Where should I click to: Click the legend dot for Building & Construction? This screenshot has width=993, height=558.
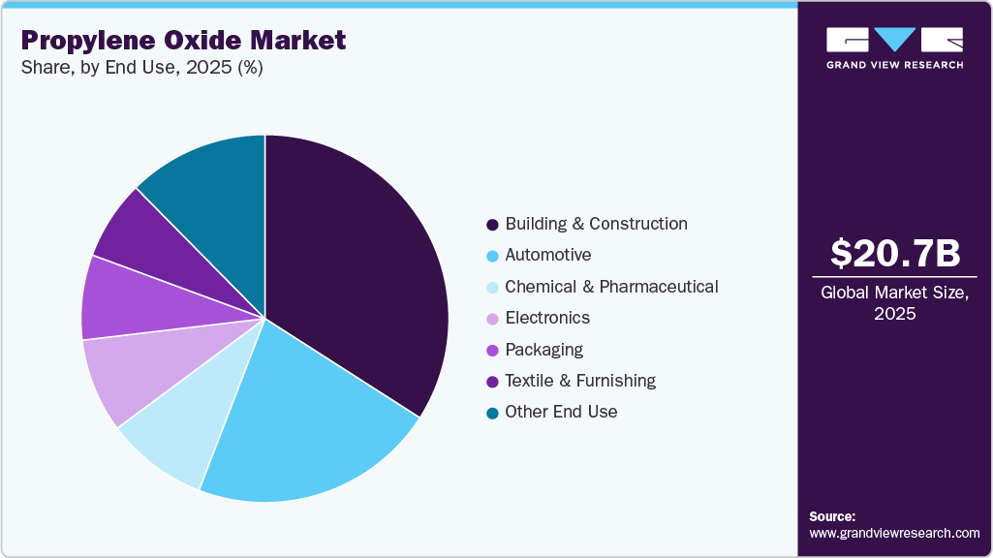[x=492, y=225]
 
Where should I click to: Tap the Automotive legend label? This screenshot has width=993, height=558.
[x=547, y=255]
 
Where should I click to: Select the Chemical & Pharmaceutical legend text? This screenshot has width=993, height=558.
[x=611, y=287]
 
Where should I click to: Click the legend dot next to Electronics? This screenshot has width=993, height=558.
[x=492, y=319]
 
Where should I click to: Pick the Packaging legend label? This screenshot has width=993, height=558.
[x=543, y=350]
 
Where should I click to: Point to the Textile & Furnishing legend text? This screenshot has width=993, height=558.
[x=580, y=381]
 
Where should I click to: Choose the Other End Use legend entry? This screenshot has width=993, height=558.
[x=561, y=412]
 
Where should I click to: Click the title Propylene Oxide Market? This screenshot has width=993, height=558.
[x=183, y=41]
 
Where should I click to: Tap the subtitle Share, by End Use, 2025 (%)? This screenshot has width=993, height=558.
[x=140, y=68]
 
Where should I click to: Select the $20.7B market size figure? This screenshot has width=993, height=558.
[x=895, y=254]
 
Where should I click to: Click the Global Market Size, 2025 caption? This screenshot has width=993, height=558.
[x=895, y=303]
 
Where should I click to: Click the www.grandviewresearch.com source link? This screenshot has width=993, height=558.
[x=895, y=533]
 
